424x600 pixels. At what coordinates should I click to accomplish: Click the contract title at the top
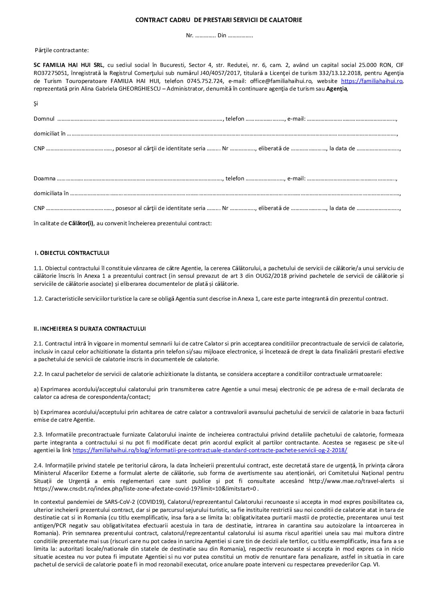coord(218,20)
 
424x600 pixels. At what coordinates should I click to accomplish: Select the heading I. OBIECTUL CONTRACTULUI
coord(72,253)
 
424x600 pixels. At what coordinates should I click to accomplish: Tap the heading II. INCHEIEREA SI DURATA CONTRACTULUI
coord(89,329)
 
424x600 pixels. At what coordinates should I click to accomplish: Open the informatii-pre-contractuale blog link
coord(210,450)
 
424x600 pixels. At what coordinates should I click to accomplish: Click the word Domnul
coord(44,119)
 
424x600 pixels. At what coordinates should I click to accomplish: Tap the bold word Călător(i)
coord(81,223)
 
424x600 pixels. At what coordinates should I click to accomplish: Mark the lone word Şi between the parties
coord(36,103)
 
